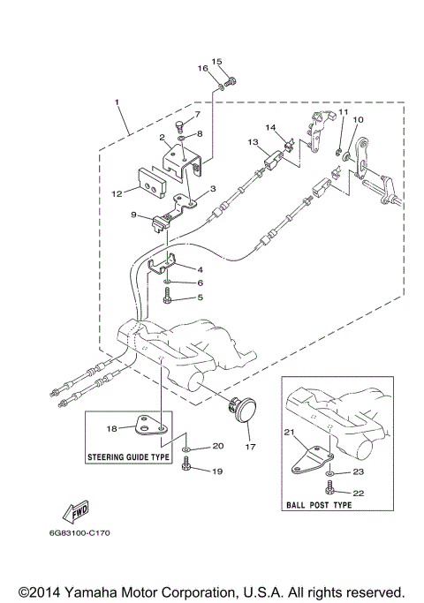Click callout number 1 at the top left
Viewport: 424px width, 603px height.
click(x=117, y=102)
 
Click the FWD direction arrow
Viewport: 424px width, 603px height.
click(x=69, y=513)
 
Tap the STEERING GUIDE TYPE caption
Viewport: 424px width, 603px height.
click(x=129, y=457)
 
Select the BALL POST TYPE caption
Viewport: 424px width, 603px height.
click(x=319, y=505)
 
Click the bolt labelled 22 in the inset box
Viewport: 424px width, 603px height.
click(x=329, y=492)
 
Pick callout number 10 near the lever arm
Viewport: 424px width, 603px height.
click(x=358, y=119)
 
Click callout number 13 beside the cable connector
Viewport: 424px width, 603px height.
click(x=252, y=143)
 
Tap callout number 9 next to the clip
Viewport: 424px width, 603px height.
click(x=132, y=215)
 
